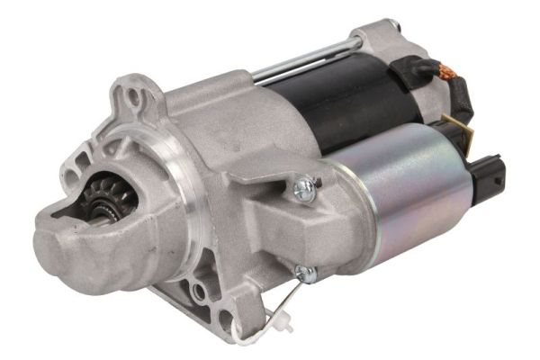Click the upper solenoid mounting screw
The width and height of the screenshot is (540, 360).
(303, 187)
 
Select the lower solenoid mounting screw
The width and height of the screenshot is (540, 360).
(304, 272)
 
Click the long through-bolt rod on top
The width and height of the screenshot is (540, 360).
(297, 58)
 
